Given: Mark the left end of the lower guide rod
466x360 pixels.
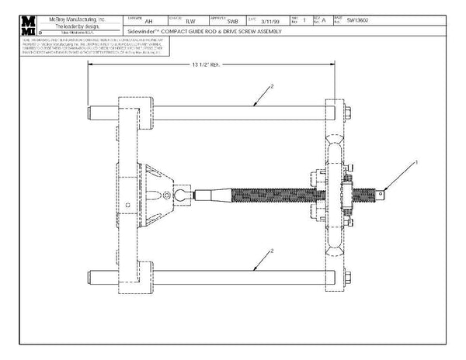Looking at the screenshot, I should point(93,277).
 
